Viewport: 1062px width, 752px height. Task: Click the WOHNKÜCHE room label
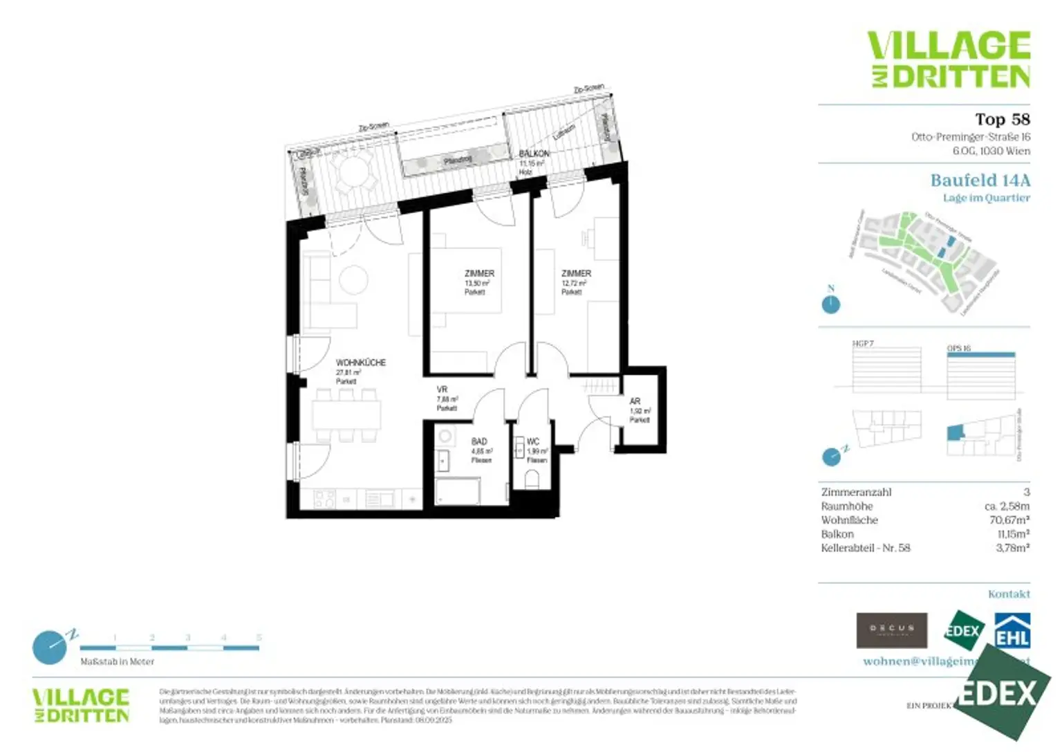pyautogui.click(x=360, y=363)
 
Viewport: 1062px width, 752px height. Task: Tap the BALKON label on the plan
pyautogui.click(x=534, y=154)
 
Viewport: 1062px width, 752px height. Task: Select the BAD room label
pyautogui.click(x=479, y=441)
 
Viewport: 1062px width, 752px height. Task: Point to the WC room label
pyautogui.click(x=532, y=441)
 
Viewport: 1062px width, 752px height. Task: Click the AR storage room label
pyautogui.click(x=635, y=401)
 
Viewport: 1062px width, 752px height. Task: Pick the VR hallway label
pyautogui.click(x=442, y=389)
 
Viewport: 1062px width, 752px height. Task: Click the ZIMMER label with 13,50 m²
pyautogui.click(x=479, y=274)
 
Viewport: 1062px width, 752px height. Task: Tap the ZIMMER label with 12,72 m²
pyautogui.click(x=576, y=274)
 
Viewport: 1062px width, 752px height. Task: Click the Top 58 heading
pyautogui.click(x=1002, y=120)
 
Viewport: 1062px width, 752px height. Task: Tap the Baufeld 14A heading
pyautogui.click(x=980, y=181)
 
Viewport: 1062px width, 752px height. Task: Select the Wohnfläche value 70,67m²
pyautogui.click(x=1009, y=520)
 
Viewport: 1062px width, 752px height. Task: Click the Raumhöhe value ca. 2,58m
pyautogui.click(x=1007, y=506)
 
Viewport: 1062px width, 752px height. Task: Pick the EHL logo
pyautogui.click(x=1012, y=631)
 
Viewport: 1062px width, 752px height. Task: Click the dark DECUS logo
pyautogui.click(x=891, y=630)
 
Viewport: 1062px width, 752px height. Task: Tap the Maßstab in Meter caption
pyautogui.click(x=117, y=662)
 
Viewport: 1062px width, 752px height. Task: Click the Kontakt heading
pyautogui.click(x=1009, y=594)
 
